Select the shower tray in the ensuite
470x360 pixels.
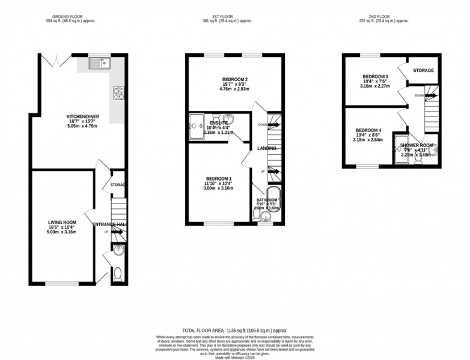point(196,126)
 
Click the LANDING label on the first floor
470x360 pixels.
point(266,148)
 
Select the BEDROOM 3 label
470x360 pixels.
point(375,77)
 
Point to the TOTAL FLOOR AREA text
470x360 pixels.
point(235,331)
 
